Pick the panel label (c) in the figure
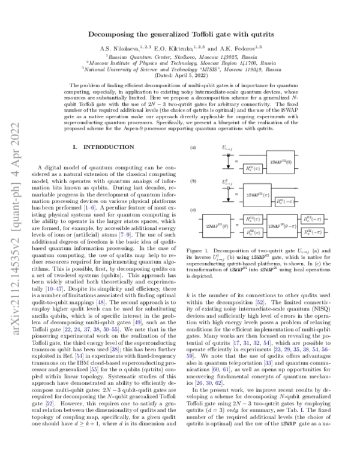(x=193, y=208)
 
